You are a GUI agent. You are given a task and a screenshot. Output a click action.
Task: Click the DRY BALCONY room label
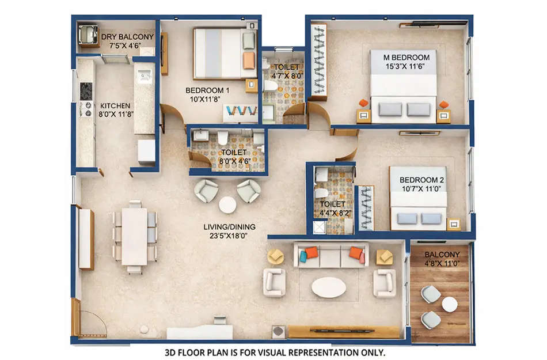click(x=127, y=37)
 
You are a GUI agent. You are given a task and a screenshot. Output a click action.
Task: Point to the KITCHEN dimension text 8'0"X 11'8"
click(x=115, y=115)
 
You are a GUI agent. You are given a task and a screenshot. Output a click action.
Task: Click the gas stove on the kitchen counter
click(x=86, y=91)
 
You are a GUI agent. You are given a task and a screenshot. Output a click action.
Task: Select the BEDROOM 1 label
click(x=207, y=90)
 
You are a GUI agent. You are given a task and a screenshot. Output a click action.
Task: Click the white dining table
click(x=135, y=236)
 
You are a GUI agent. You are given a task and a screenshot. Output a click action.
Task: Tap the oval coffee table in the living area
click(x=329, y=287)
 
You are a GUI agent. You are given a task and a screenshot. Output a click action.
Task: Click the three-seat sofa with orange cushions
click(x=331, y=255)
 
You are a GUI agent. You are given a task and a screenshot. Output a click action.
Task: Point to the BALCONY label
click(x=442, y=255)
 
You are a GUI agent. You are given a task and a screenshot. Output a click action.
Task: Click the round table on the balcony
click(x=450, y=304)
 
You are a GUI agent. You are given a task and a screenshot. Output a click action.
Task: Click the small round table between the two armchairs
click(x=227, y=204)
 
